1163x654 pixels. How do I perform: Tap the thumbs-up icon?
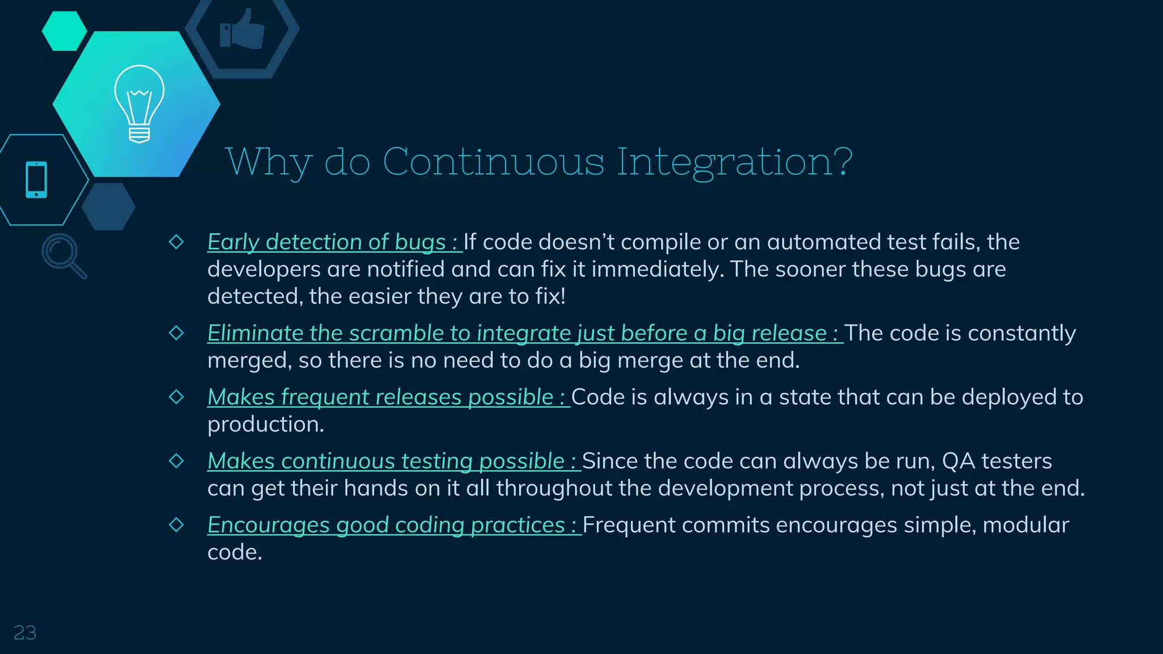click(242, 30)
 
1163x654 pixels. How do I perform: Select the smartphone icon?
click(36, 180)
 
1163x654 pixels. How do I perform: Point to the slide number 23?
click(24, 632)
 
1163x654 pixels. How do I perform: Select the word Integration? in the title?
click(734, 162)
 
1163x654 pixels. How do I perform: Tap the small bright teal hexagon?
click(64, 31)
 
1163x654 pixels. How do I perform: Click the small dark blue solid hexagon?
click(108, 207)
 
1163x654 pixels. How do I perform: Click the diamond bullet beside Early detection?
click(177, 242)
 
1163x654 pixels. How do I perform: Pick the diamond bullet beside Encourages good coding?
click(177, 525)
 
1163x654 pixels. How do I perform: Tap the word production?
click(265, 425)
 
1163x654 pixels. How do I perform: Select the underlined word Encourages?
click(269, 526)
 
